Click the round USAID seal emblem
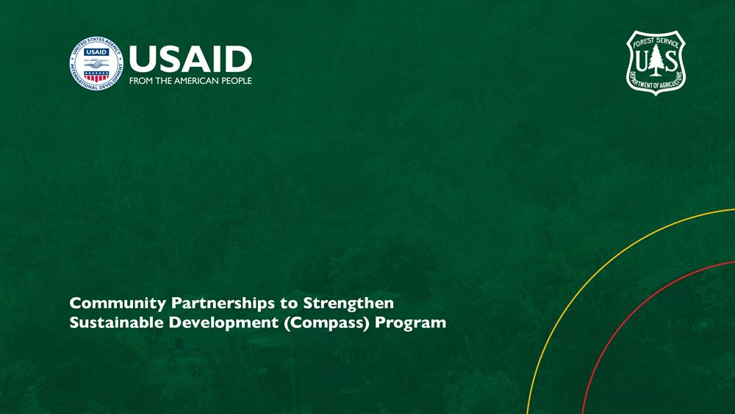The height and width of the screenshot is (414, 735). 96,63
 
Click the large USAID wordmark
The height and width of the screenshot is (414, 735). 191,59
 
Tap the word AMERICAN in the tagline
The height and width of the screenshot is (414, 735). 196,81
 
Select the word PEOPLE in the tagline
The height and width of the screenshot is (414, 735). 237,81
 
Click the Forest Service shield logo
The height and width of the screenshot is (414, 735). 656,63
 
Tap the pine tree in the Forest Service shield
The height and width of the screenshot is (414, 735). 656,60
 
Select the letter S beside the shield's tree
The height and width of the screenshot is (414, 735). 671,60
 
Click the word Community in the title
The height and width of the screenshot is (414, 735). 118,304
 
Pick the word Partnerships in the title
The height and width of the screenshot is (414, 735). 223,304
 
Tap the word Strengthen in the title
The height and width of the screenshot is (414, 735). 348,304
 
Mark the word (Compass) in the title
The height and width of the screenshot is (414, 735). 327,323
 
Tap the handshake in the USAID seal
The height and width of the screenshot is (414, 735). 96,63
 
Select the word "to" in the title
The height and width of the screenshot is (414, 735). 289,304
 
